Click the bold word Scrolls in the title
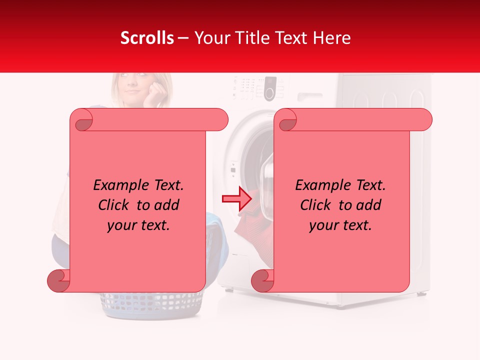tap(147, 38)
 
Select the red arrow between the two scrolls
tap(237, 199)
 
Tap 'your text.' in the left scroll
tap(138, 225)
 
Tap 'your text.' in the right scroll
tap(340, 225)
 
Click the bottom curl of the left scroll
tap(58, 280)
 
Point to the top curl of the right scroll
tap(286, 120)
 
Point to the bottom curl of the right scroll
tap(262, 280)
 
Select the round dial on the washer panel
tap(270, 93)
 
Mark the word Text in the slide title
tap(294, 38)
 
